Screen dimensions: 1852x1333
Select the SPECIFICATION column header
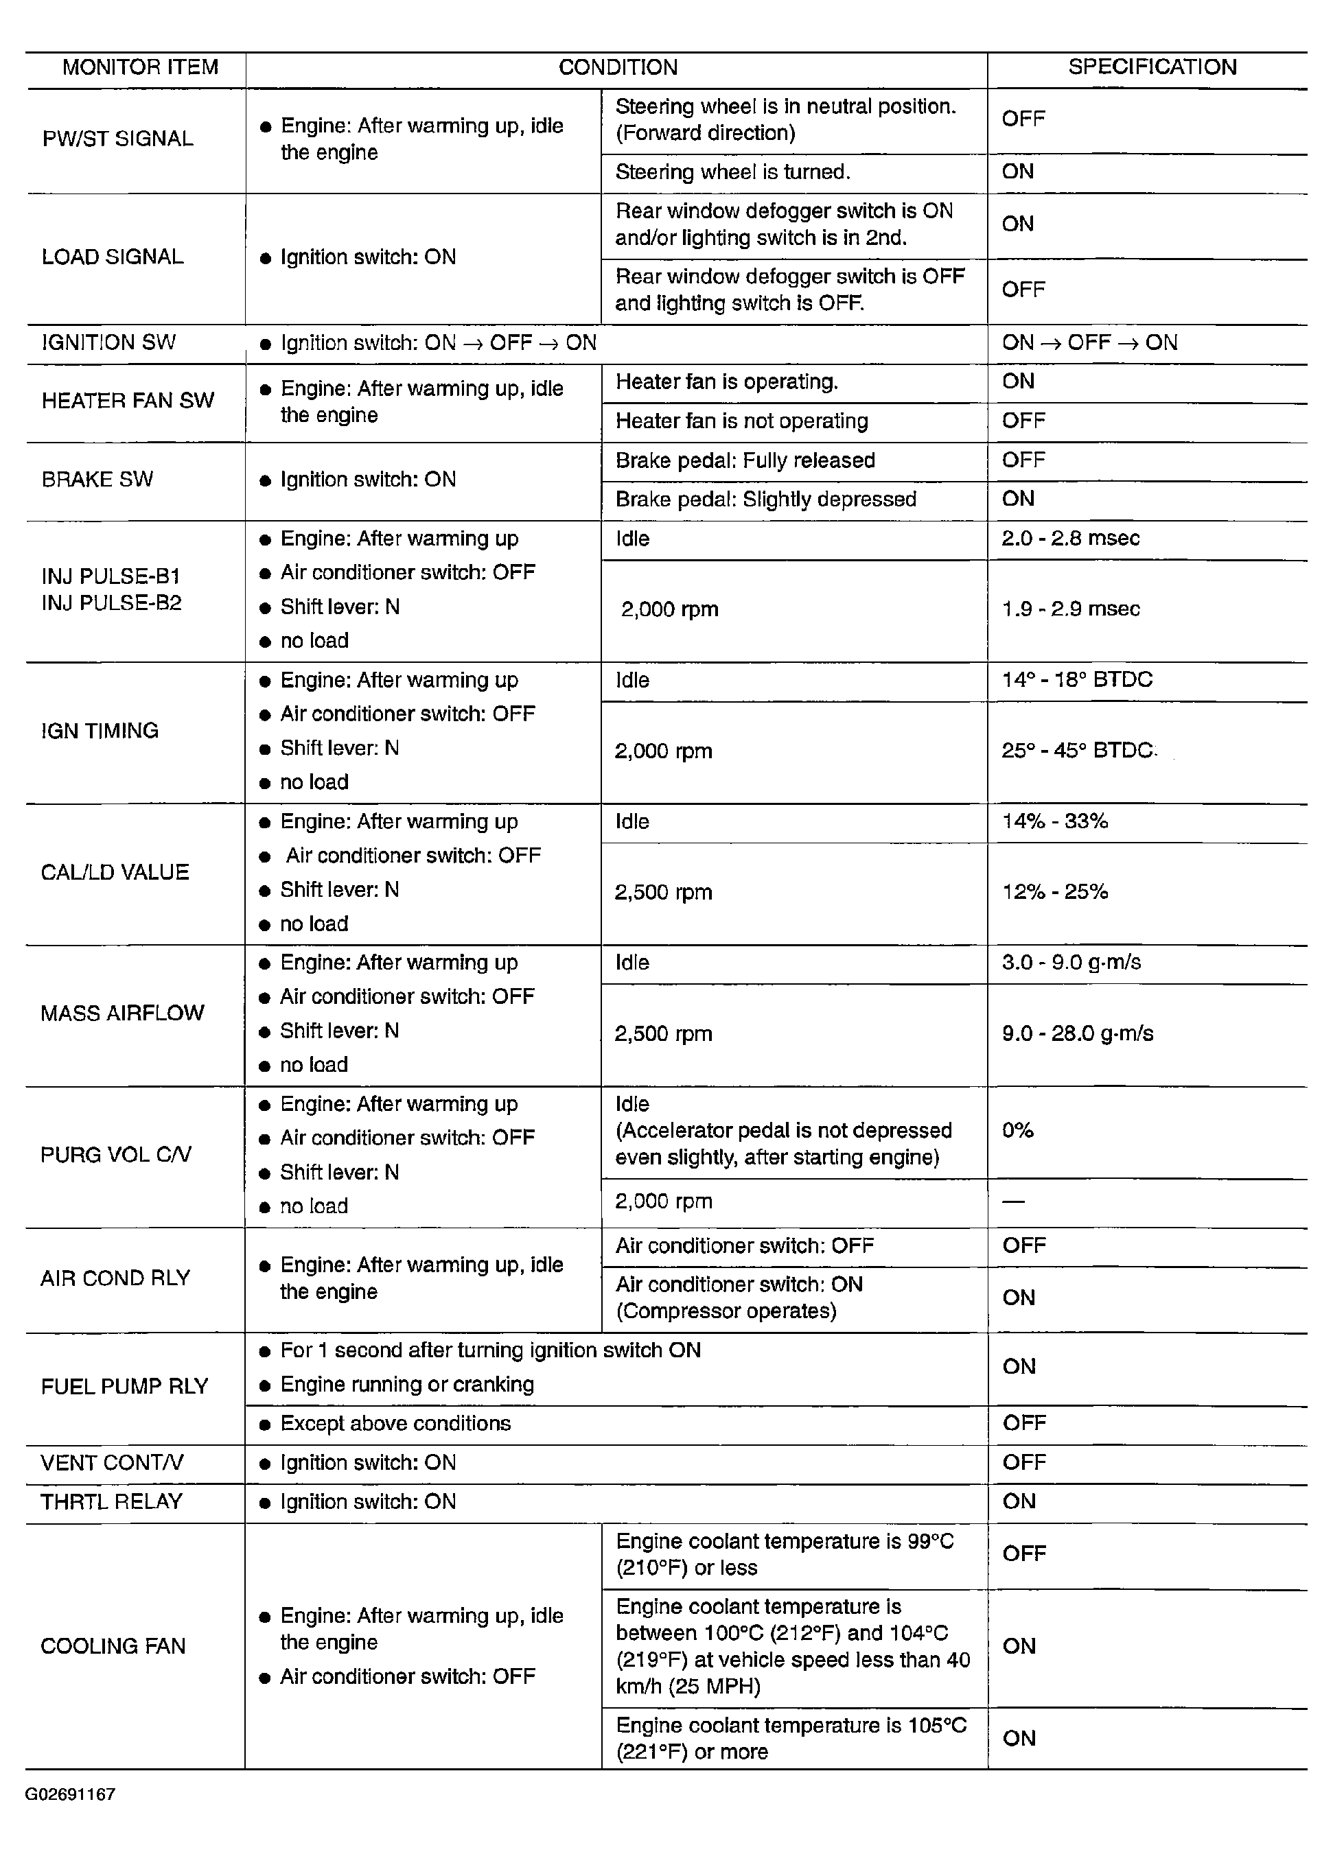click(x=1152, y=67)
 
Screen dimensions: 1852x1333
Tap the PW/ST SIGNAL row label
click(x=117, y=139)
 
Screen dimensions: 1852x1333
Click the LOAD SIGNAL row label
click(x=113, y=257)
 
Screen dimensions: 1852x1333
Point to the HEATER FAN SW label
click(x=128, y=401)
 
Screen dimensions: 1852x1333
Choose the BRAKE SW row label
click(x=97, y=480)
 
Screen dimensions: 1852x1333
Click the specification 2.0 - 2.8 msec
click(x=1070, y=538)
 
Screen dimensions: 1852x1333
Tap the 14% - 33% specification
click(x=1054, y=821)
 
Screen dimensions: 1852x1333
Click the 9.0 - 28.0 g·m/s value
click(x=1078, y=1034)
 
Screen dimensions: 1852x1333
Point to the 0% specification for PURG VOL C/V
click(x=1018, y=1131)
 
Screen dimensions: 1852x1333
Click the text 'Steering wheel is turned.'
click(x=732, y=172)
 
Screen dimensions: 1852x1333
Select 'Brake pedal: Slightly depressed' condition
click(x=765, y=500)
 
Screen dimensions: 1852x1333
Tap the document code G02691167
click(x=70, y=1795)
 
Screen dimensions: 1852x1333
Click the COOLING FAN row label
click(x=113, y=1646)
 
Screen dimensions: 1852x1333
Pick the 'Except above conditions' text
click(x=395, y=1424)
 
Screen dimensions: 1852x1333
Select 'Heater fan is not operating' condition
click(x=741, y=421)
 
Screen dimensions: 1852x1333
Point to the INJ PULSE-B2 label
click(x=111, y=603)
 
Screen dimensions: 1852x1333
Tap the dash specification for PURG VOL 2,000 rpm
click(x=1014, y=1202)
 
